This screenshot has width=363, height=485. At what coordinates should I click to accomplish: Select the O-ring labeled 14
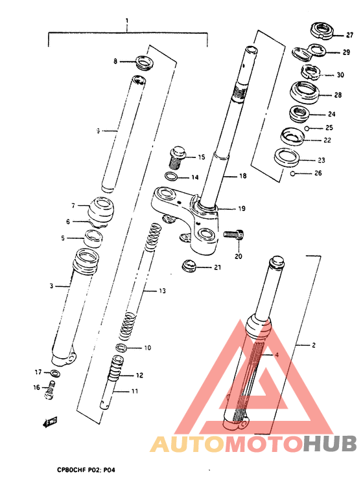[171, 177]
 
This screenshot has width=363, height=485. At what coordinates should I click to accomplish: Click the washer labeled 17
[55, 374]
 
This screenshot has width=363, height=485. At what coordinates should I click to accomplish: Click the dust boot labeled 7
[101, 209]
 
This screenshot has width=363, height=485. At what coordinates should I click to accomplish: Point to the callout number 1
[127, 21]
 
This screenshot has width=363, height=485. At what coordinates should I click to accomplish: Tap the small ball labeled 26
[293, 173]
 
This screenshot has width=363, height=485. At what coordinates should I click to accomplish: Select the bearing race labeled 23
[285, 157]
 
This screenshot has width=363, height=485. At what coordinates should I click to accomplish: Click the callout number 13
[163, 291]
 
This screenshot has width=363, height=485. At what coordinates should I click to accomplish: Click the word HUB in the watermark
[329, 444]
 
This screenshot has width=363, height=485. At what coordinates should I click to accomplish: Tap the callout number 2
[314, 346]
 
